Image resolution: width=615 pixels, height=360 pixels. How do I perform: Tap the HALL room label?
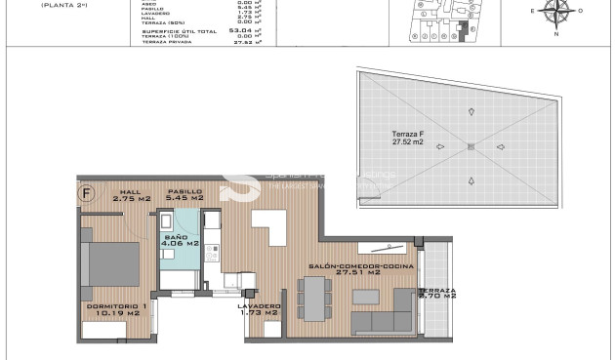[x=131, y=195]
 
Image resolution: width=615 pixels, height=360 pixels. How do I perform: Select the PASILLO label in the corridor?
[x=184, y=195]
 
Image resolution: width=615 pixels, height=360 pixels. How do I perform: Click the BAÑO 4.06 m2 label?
[x=181, y=240]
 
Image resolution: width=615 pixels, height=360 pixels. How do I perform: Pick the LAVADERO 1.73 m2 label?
[x=259, y=309]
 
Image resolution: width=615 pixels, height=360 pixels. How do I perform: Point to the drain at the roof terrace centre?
[x=471, y=146]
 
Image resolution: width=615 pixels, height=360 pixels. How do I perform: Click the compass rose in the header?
[x=558, y=11]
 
